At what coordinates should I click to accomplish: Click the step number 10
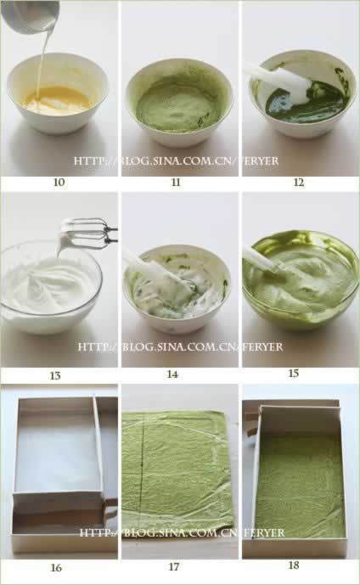pos(59,182)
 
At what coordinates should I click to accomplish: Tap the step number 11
pos(176,182)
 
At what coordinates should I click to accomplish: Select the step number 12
pos(299,182)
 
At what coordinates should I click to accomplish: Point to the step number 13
pos(55,375)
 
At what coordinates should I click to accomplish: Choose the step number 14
pos(172,374)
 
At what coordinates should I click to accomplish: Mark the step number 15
pos(294,373)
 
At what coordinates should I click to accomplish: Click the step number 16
pos(56,567)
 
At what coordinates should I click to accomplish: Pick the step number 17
pos(174,566)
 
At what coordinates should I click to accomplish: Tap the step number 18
pos(294,565)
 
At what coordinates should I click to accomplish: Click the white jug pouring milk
pos(30,15)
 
